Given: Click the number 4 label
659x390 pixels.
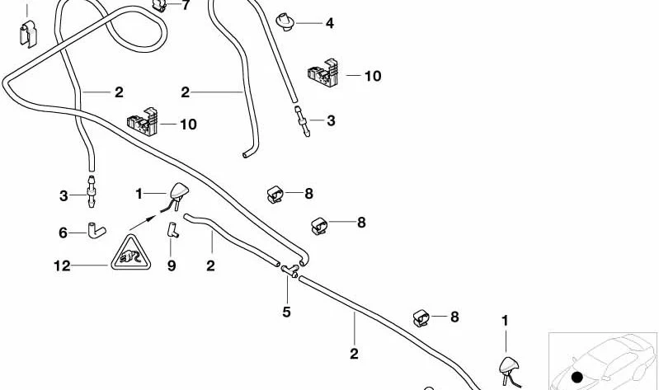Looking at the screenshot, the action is [330, 23].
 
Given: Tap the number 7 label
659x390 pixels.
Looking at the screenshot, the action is [186, 6].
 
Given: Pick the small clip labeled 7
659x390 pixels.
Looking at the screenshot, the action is [159, 5].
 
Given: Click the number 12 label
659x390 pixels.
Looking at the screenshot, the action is [62, 266].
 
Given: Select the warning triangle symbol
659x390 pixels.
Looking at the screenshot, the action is [130, 252].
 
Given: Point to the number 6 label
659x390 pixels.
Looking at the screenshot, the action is [63, 233].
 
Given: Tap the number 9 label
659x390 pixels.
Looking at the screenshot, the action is [172, 266].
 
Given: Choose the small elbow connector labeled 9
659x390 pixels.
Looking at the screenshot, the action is [172, 230].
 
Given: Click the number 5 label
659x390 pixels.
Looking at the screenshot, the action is [286, 312].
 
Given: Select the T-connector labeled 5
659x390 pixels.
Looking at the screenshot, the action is [290, 271].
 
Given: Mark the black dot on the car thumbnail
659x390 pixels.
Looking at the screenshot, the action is [577, 377].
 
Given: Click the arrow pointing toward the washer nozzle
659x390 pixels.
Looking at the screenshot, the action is [144, 223].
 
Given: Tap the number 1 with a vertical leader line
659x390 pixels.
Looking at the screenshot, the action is [505, 321].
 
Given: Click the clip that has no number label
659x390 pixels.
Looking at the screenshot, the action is [28, 34].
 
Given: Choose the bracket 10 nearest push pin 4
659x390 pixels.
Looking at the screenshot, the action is [322, 73].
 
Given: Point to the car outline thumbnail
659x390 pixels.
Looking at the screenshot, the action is [603, 361].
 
